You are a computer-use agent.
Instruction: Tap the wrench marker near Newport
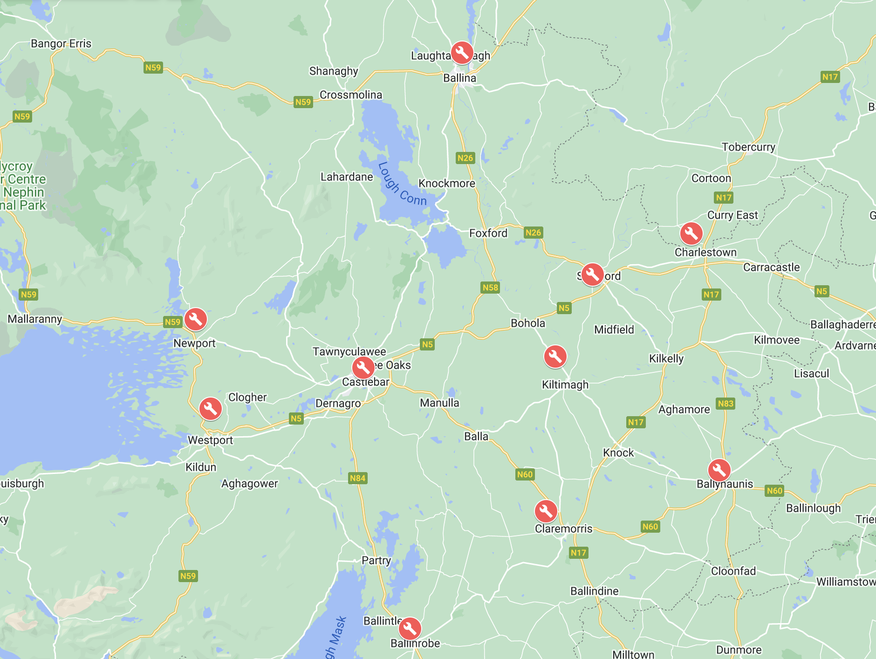click(196, 319)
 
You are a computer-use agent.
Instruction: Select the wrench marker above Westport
click(210, 409)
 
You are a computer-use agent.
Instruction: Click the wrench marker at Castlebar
click(363, 368)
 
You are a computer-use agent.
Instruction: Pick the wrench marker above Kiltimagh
click(555, 357)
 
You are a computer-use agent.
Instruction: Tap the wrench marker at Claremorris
click(546, 511)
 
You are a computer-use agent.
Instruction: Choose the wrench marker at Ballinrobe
click(410, 628)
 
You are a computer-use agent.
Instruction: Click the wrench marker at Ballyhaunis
click(719, 470)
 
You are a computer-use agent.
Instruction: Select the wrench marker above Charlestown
click(691, 233)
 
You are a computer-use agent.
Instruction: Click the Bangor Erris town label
click(61, 44)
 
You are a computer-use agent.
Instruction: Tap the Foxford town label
click(488, 233)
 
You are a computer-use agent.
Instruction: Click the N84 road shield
click(357, 478)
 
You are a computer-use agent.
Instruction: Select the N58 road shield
click(490, 288)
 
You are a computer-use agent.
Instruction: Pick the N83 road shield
click(725, 404)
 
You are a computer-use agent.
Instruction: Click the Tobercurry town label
click(748, 147)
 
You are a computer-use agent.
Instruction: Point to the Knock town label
click(618, 453)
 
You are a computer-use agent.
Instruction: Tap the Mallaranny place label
click(35, 319)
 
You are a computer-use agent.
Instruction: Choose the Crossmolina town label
click(350, 95)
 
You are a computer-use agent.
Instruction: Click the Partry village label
click(376, 561)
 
